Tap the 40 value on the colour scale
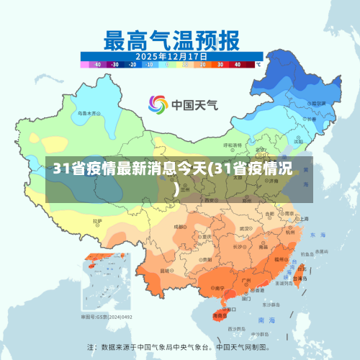(237, 64)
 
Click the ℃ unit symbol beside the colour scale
(258, 64)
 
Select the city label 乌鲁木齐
(89, 113)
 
